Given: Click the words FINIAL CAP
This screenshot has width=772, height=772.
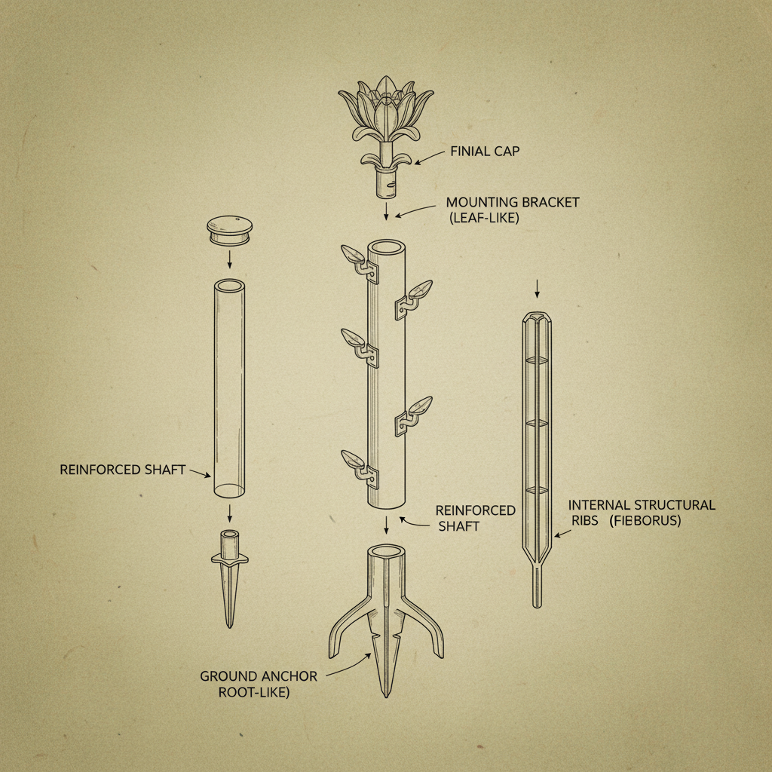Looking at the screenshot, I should (485, 152).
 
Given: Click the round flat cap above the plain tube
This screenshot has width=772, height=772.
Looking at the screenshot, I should (229, 229).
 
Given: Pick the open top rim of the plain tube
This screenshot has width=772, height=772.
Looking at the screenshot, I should (229, 287).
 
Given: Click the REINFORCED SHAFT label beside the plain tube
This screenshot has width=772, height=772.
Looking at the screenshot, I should (122, 470).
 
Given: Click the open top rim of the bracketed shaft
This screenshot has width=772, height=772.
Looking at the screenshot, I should (386, 247).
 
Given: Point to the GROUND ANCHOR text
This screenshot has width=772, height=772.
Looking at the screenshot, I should (258, 676).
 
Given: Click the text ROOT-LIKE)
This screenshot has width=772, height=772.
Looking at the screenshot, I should (254, 692).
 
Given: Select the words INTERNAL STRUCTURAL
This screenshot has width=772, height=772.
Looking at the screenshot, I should (642, 504).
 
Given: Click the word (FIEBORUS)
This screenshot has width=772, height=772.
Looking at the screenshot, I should (645, 520).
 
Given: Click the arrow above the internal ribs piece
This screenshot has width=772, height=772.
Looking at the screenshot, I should (536, 288).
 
